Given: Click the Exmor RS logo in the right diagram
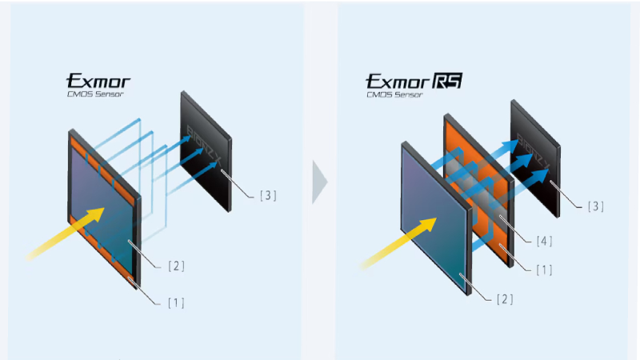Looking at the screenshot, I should (414, 81).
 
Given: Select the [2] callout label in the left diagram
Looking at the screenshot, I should (177, 266).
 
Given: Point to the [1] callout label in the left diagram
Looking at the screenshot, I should (177, 302).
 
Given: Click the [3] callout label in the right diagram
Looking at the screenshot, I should (592, 206).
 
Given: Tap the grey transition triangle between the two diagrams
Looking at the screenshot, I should (319, 181).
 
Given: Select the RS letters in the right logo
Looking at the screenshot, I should (448, 81).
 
